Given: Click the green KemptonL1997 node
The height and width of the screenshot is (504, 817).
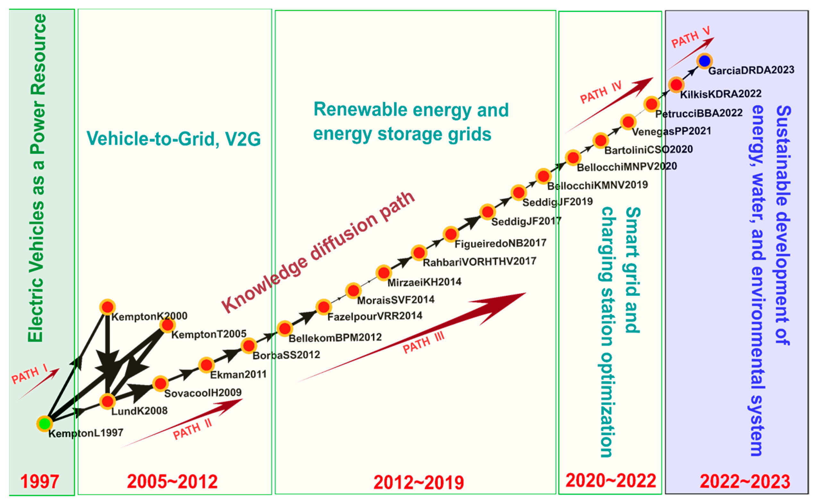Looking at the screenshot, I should point(45,423).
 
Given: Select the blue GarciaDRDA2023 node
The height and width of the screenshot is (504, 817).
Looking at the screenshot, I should point(704,61).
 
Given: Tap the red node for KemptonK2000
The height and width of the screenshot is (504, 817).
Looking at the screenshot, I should point(107,307).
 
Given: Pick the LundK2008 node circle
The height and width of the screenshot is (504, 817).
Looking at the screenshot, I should point(107,401).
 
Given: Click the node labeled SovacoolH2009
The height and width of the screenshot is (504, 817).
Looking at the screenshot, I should point(160,383).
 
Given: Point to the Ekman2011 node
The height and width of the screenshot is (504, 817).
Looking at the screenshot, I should point(206,365).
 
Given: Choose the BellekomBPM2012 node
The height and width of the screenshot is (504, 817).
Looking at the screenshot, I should point(285,329).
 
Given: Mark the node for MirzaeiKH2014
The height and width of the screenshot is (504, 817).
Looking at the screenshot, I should point(383,273).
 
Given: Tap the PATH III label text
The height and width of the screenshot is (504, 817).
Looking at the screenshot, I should point(423,343).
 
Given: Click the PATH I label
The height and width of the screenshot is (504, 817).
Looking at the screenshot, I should point(29,374).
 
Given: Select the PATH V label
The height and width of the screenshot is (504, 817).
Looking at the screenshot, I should point(690,37).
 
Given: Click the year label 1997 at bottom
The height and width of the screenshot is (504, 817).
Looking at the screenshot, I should point(40,481).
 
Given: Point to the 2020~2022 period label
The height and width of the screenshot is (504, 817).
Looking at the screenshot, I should point(610,480).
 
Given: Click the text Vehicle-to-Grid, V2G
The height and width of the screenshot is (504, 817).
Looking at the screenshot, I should point(173,138).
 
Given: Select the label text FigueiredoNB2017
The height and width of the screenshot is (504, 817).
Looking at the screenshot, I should point(500,243).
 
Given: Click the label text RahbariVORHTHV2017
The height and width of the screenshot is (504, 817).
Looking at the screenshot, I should point(479,262).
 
